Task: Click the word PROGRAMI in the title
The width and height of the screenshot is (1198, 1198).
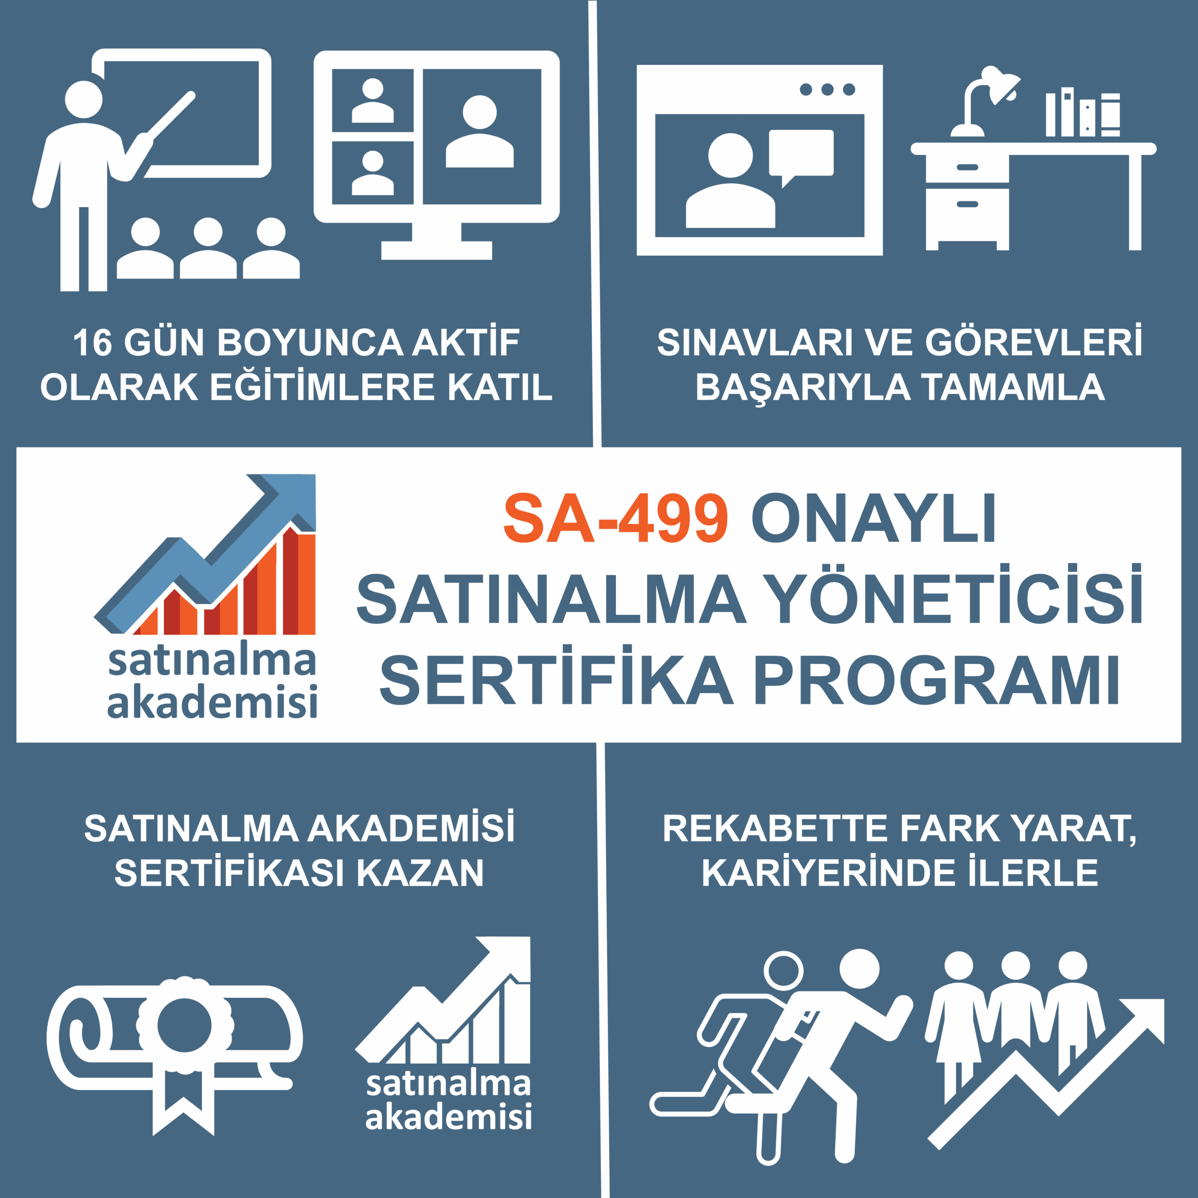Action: coord(936,681)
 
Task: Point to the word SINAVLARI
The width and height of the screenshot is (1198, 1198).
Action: coord(755,343)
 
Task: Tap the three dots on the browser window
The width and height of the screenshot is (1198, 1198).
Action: coord(827,90)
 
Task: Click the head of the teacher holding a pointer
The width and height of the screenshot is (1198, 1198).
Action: coord(84,99)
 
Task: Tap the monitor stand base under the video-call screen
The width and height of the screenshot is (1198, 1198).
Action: coord(436,250)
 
